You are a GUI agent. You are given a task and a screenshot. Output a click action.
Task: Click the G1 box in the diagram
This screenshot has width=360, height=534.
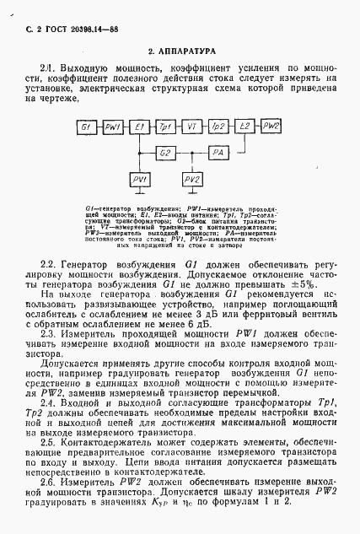85,126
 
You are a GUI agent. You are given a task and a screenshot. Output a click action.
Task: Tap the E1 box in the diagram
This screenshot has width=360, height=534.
139,126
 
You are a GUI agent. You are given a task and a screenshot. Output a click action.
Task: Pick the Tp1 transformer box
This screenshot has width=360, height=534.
165,126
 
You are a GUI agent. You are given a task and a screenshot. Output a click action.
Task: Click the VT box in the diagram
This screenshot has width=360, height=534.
191,126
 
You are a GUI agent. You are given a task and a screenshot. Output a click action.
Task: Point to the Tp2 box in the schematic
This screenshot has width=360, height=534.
218,126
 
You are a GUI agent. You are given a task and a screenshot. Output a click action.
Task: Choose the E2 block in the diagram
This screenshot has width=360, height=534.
244,126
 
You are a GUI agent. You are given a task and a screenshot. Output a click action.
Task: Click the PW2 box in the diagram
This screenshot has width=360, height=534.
271,126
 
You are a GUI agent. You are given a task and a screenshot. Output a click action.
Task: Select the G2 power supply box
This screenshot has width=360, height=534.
165,153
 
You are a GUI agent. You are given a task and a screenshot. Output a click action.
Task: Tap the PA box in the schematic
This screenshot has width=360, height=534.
218,153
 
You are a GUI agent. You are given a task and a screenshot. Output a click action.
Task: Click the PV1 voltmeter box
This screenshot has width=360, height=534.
139,181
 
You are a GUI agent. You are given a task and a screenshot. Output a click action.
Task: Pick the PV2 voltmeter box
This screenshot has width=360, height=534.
191,181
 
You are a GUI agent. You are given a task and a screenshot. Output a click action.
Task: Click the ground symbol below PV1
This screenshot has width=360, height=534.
139,196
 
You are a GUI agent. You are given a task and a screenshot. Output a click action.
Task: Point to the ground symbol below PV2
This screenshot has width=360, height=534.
191,196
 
